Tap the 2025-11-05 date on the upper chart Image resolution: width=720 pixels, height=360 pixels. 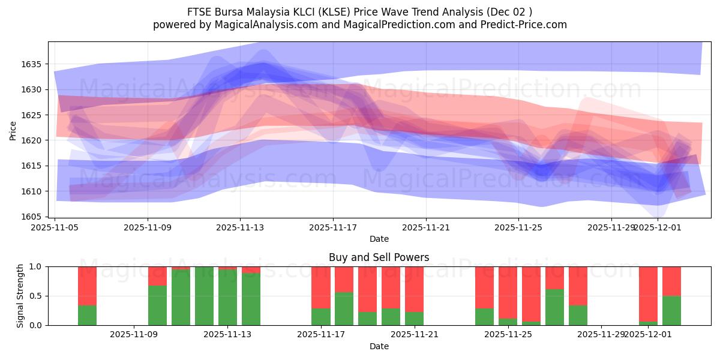click(x=55, y=227)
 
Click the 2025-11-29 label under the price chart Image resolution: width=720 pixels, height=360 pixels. click(x=611, y=227)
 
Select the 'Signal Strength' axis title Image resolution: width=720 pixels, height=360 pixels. click(x=20, y=296)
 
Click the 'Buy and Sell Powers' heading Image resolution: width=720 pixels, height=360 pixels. click(x=379, y=257)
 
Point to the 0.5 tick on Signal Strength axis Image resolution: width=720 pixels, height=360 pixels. click(x=36, y=296)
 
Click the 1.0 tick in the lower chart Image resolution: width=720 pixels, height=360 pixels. click(x=36, y=266)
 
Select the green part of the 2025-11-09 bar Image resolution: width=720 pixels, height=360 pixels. click(x=157, y=305)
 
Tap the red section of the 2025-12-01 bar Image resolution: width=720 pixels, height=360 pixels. click(x=648, y=294)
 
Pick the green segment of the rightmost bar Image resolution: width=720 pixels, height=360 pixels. click(x=671, y=311)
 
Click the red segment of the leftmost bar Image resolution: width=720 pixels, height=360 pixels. click(x=87, y=286)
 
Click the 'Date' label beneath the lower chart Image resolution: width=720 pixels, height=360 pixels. click(x=379, y=346)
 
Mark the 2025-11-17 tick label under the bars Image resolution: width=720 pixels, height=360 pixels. click(x=321, y=334)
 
